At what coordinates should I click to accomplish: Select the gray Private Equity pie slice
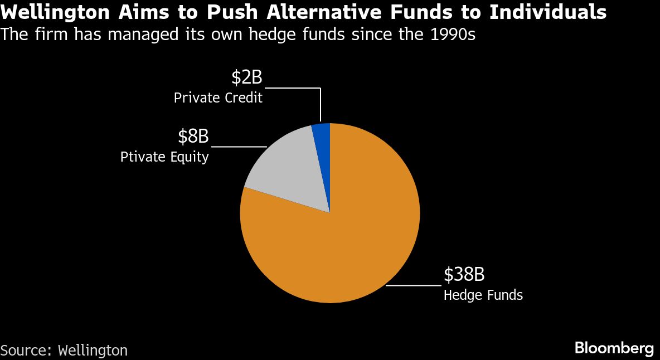click(290, 172)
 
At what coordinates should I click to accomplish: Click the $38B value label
click(464, 275)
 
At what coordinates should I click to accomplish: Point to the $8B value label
click(193, 137)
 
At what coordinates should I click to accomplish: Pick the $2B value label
click(247, 78)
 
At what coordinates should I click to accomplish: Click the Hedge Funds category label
click(483, 295)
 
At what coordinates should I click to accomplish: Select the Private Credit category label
click(219, 98)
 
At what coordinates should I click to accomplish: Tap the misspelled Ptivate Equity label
click(164, 157)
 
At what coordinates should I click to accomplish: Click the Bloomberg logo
click(614, 348)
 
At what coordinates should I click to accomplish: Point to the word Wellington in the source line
click(93, 350)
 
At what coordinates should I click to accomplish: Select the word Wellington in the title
click(57, 13)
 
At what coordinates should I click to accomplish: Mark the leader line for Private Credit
click(304, 88)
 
